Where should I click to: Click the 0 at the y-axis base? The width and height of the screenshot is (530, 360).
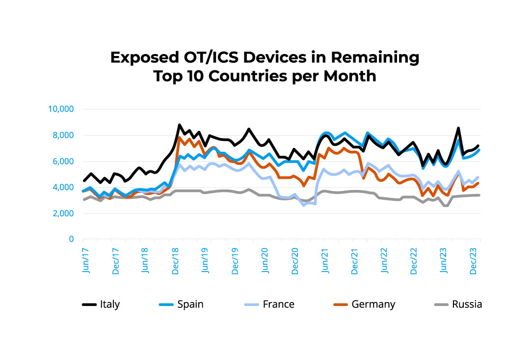71,239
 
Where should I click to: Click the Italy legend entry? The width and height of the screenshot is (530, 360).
109,305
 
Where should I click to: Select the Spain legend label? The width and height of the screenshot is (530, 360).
190,305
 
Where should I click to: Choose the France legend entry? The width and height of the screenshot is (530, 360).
278,305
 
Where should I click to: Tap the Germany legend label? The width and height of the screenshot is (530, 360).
373,305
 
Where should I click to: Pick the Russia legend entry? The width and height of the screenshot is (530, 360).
467,305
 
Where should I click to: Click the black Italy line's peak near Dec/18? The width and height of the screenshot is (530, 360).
179,125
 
